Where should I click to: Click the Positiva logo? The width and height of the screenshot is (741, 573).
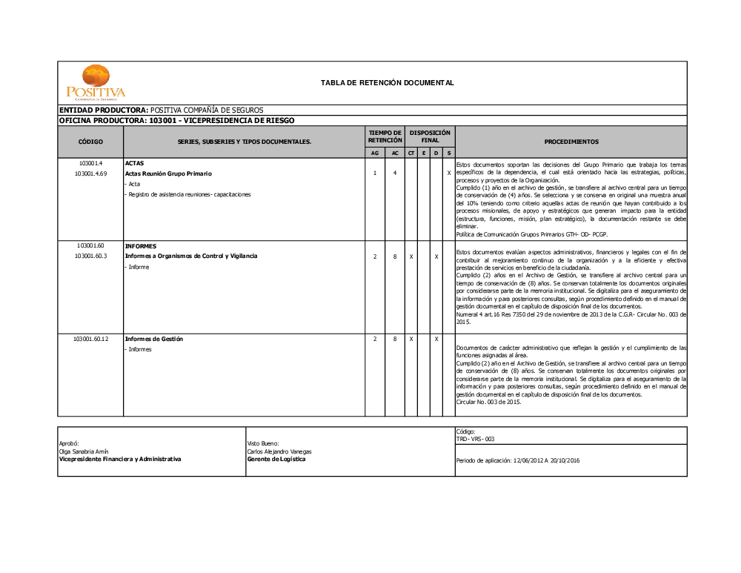pyautogui.click(x=96, y=82)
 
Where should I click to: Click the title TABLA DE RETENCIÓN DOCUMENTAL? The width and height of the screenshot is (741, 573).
pyautogui.click(x=387, y=82)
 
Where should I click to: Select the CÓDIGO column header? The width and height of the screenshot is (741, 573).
pyautogui.click(x=90, y=141)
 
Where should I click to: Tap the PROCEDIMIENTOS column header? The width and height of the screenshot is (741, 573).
pyautogui.click(x=571, y=141)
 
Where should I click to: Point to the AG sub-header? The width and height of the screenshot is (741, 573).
pyautogui.click(x=375, y=153)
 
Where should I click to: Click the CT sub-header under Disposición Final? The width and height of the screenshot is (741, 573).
pyautogui.click(x=411, y=153)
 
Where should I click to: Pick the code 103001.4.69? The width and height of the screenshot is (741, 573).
pyautogui.click(x=90, y=173)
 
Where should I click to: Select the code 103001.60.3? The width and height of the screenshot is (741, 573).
pyautogui.click(x=90, y=256)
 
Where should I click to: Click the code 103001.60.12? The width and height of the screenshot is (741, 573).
pyautogui.click(x=90, y=339)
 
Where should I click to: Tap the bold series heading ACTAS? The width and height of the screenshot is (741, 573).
pyautogui.click(x=134, y=162)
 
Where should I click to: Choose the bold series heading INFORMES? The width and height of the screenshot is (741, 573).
pyautogui.click(x=141, y=245)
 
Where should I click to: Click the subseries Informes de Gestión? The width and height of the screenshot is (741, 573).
pyautogui.click(x=153, y=339)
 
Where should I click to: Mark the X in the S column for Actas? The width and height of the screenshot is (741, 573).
pyautogui.click(x=449, y=173)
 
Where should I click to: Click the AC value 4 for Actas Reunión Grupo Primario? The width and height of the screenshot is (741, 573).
pyautogui.click(x=395, y=173)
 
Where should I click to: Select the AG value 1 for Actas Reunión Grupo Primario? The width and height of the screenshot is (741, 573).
pyautogui.click(x=375, y=173)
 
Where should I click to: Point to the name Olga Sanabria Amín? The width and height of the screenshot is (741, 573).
pyautogui.click(x=84, y=451)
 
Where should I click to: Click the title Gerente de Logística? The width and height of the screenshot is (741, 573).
pyautogui.click(x=276, y=459)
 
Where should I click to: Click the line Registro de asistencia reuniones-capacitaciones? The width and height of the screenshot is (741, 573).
pyautogui.click(x=189, y=194)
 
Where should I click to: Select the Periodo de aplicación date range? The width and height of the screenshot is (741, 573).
pyautogui.click(x=518, y=460)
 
